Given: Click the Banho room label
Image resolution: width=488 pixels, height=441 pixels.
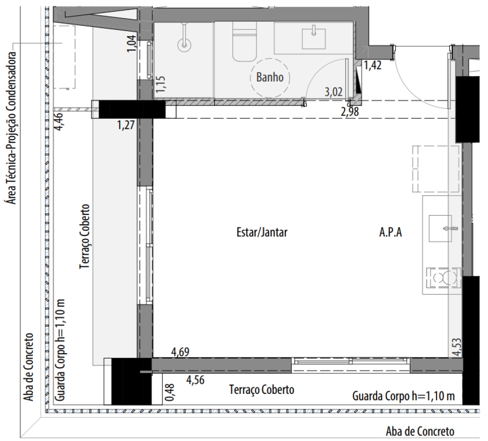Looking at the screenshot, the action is coord(270,77).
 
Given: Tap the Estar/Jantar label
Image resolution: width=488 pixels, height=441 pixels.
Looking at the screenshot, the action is coord(262,232).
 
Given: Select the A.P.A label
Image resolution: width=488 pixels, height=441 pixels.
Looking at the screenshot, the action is coord(390,232).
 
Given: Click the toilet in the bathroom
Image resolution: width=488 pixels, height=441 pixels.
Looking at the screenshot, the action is coord(244,41).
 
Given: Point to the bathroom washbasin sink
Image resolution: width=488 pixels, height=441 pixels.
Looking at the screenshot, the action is coord(314,38).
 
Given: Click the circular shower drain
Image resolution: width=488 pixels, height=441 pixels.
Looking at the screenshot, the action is coord(184,45).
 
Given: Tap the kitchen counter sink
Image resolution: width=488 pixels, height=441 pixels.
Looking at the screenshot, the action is coord(440,228).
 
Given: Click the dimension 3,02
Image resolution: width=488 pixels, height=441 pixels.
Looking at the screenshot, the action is coord(334,92).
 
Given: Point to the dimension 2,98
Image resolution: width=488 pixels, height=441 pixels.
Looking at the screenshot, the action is coord(350,112).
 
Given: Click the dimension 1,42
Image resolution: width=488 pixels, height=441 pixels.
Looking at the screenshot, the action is coord(372,65).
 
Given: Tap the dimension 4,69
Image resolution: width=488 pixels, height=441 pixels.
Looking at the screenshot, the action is coord(180,352).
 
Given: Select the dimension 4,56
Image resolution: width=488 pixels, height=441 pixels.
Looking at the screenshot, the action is coord(195,380).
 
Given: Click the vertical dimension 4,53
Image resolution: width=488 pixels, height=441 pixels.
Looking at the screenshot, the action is coord(457,347).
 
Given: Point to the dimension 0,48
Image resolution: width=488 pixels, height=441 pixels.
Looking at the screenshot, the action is coord(169,392).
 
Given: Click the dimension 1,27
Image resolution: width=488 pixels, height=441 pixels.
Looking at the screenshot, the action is coord(126,125).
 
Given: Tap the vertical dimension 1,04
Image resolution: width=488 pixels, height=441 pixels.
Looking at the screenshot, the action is coord(131,43).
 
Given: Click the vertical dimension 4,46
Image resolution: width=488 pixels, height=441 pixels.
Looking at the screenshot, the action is coord(59,122).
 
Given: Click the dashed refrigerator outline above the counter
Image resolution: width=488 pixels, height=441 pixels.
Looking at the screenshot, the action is coord(436,169).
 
